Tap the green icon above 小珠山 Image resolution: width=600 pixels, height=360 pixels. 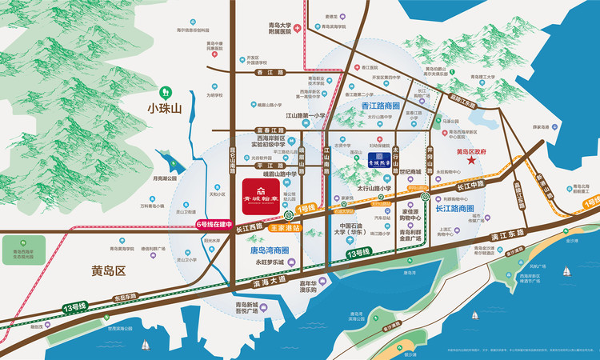pyautogui.click(x=166, y=92)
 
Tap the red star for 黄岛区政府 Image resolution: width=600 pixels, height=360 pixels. pyautogui.click(x=472, y=162)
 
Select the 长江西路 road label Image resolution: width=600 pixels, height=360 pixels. pyautogui.click(x=249, y=229)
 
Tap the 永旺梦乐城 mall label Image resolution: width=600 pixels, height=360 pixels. pyautogui.click(x=270, y=262)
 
